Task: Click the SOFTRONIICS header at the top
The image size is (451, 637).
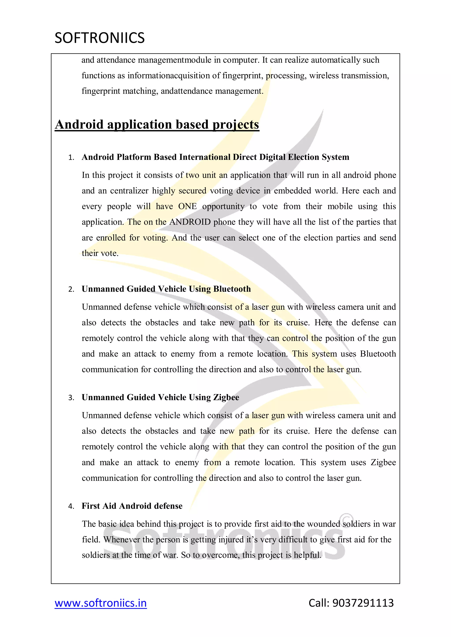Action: tap(99, 38)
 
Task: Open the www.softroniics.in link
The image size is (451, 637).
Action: tap(101, 603)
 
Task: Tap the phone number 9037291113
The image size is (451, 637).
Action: tap(363, 603)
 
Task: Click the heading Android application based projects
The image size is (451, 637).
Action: tap(157, 124)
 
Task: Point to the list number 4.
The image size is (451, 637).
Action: tap(71, 507)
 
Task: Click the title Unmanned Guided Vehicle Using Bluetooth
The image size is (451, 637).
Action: tap(166, 289)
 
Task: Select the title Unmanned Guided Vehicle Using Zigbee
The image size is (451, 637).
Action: tap(160, 397)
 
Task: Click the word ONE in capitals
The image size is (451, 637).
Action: tap(187, 206)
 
